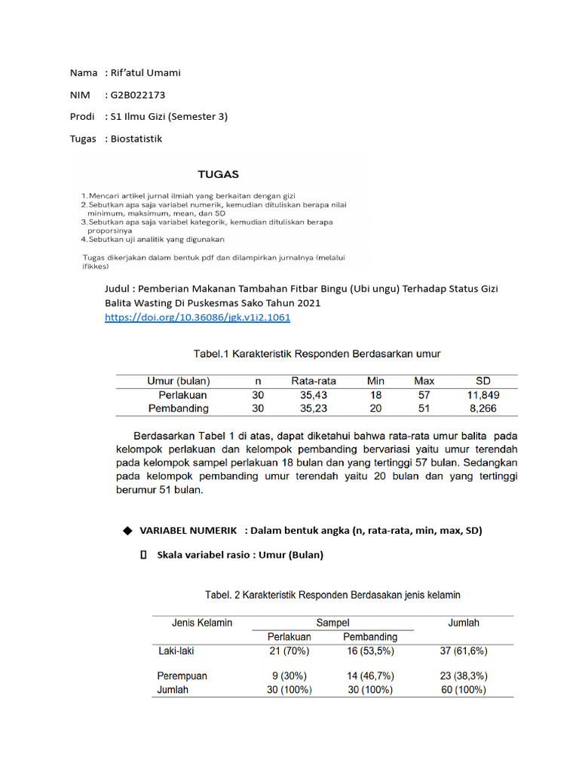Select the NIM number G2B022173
pyautogui.click(x=138, y=95)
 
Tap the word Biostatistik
pyautogui.click(x=136, y=139)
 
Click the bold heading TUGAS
pyautogui.click(x=219, y=174)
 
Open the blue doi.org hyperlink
pyautogui.click(x=197, y=317)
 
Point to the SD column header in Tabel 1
pyautogui.click(x=483, y=381)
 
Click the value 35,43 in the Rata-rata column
pyautogui.click(x=307, y=394)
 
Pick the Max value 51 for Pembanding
pyautogui.click(x=424, y=408)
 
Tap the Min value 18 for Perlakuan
pyautogui.click(x=375, y=394)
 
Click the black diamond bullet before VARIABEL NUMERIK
pyautogui.click(x=127, y=531)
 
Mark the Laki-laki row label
pyautogui.click(x=177, y=651)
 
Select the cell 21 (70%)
pyautogui.click(x=290, y=651)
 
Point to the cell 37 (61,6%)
pyautogui.click(x=463, y=651)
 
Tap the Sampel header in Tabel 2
pyautogui.click(x=332, y=623)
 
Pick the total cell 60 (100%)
pyautogui.click(x=463, y=689)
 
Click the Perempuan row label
pyautogui.click(x=182, y=675)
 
